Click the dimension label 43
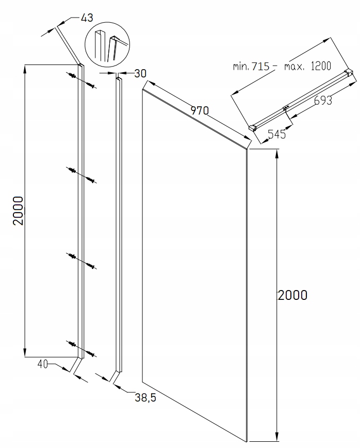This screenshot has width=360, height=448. tap(87, 18)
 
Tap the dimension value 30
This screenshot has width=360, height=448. tap(140, 73)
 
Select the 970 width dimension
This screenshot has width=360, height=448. tap(200, 110)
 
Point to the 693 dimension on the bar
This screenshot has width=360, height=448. tap(323, 100)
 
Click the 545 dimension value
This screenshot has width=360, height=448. tap(276, 134)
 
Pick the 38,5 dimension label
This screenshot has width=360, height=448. tap(145, 397)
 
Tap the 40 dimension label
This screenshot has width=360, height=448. tap(42, 364)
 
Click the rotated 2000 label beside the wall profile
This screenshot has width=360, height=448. tap(18, 211)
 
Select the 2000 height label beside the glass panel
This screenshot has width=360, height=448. tap(292, 295)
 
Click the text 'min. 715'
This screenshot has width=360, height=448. tap(251, 66)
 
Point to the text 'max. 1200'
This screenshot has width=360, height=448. tap(307, 66)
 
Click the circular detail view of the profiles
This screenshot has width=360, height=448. tap(107, 43)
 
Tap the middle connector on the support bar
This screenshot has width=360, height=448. tap(286, 108)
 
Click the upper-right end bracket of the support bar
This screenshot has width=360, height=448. tap(349, 72)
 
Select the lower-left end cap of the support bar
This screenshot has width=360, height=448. tap(252, 127)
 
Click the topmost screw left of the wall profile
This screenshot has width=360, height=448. tap(72, 75)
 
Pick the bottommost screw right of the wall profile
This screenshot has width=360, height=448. tap(91, 354)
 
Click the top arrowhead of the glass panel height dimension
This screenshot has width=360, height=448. tap(276, 153)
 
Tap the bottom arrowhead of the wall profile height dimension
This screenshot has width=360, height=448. tap(25, 353)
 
